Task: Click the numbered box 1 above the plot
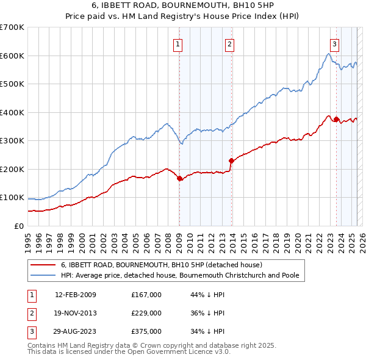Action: pyautogui.click(x=178, y=43)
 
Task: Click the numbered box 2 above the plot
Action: pyautogui.click(x=229, y=43)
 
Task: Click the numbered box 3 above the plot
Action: pyautogui.click(x=335, y=43)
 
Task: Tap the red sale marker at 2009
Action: pyautogui.click(x=179, y=179)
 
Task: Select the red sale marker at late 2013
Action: pyautogui.click(x=231, y=161)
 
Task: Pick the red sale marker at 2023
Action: pyautogui.click(x=336, y=120)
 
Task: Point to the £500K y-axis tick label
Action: pyautogui.click(x=12, y=84)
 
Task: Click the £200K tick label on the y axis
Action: pyautogui.click(x=12, y=169)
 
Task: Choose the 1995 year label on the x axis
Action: pyautogui.click(x=28, y=240)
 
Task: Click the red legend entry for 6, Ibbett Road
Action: pyautogui.click(x=161, y=265)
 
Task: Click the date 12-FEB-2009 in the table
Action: pyautogui.click(x=76, y=295)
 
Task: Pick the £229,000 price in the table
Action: pyautogui.click(x=146, y=313)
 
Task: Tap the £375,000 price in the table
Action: pyautogui.click(x=146, y=331)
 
